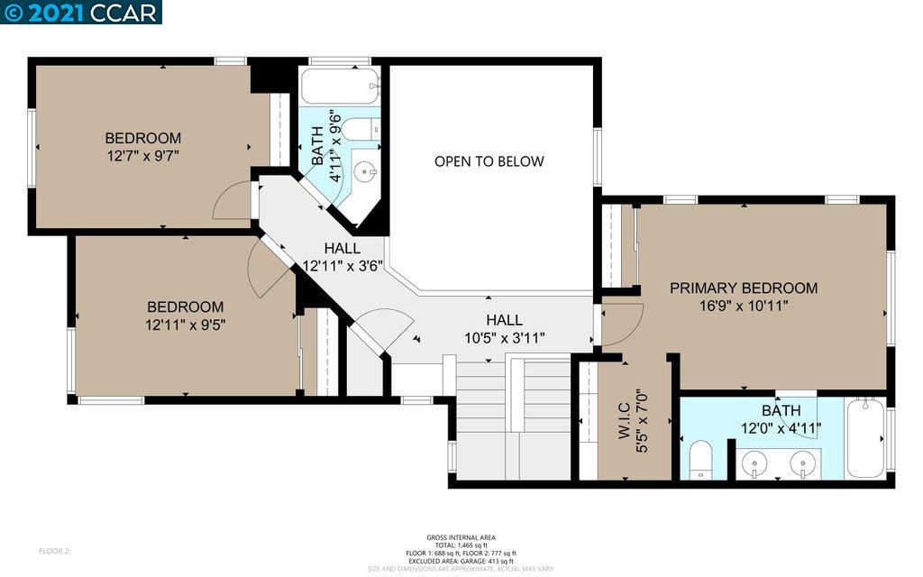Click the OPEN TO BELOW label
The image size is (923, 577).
[x=489, y=161]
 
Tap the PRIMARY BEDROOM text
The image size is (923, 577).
[x=744, y=288]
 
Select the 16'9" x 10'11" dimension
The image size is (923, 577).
[x=744, y=306]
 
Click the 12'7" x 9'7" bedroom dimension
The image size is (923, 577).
[x=142, y=155]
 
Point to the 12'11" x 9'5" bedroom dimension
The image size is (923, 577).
[x=186, y=324]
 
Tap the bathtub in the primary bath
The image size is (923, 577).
[x=866, y=439]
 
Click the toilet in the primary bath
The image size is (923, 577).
[x=700, y=459]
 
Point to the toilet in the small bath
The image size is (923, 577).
[x=361, y=129]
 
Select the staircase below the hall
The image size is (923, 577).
[x=512, y=415]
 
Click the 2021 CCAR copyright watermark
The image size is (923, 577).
[x=80, y=12]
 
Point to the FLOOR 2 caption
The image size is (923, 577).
[x=54, y=550]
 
